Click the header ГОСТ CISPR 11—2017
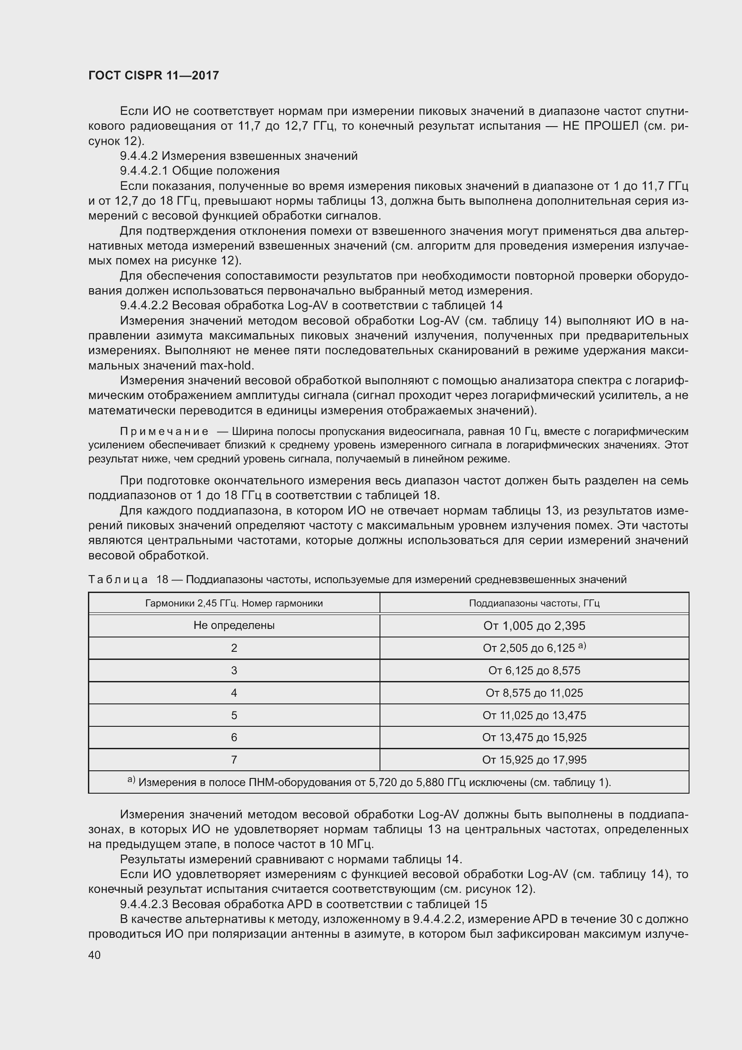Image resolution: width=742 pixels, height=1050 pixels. point(153,75)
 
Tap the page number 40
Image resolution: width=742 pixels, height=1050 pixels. point(95,955)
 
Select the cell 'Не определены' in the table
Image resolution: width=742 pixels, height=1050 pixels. point(234,625)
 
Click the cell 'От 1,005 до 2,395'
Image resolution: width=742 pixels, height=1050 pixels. point(534,625)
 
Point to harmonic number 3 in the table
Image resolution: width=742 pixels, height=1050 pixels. point(234,670)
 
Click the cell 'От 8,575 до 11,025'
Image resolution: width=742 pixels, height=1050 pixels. point(534,693)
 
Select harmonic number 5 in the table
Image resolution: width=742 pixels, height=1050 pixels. point(234,715)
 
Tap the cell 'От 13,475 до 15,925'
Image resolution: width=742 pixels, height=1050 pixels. point(534,737)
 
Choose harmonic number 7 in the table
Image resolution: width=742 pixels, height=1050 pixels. point(234,760)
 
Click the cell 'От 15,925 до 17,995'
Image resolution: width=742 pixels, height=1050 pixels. point(534,760)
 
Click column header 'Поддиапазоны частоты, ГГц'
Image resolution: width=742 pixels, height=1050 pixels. point(534,603)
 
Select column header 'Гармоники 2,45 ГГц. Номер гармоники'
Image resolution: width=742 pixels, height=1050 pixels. point(234,603)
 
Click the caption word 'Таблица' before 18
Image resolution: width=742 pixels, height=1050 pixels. point(118,580)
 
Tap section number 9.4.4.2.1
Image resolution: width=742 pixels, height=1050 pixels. point(144,171)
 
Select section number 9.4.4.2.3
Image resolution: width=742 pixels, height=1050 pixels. point(144,904)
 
